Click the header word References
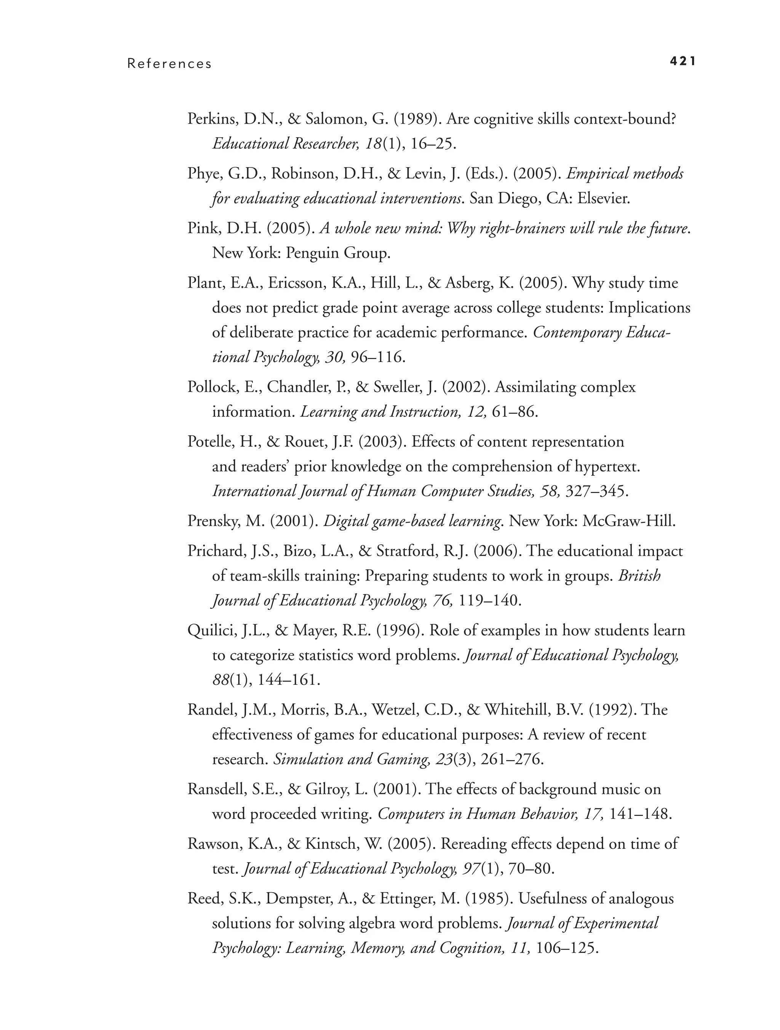169,64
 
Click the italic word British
639,576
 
